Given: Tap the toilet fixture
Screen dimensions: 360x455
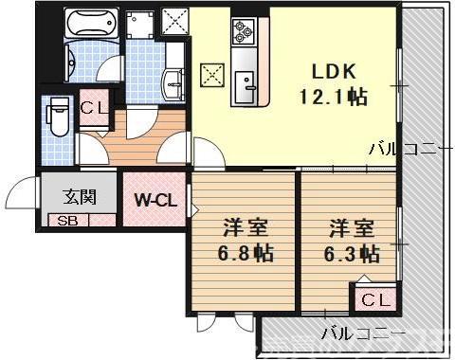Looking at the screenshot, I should coord(56,119).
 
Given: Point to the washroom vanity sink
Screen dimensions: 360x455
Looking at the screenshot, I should coord(174,84).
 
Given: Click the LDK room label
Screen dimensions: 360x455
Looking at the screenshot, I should coord(329,71).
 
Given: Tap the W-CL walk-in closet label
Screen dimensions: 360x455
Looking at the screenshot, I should coord(152,200).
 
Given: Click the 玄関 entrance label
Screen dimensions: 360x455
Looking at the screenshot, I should coord(79,197).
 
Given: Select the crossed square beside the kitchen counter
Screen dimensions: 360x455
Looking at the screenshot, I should coord(210,73).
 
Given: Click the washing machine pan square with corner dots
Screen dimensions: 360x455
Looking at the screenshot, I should coord(141,20).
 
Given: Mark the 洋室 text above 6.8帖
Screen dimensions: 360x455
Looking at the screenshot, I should coord(242,227).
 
